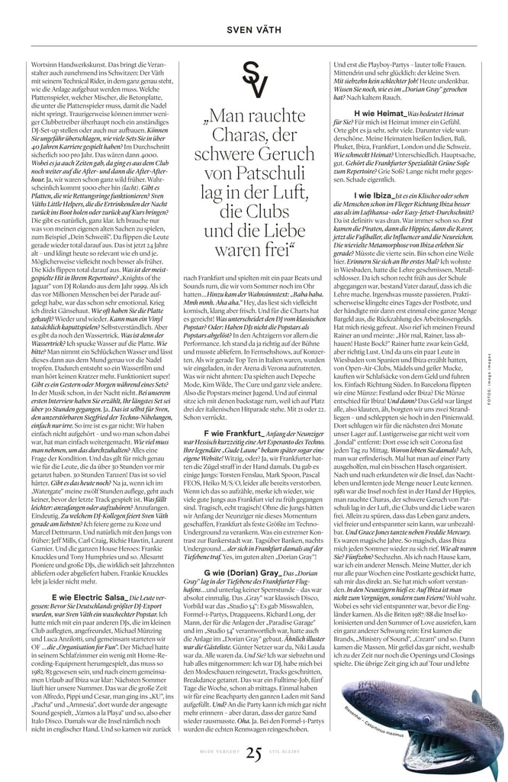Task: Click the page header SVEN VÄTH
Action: pyautogui.click(x=253, y=30)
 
